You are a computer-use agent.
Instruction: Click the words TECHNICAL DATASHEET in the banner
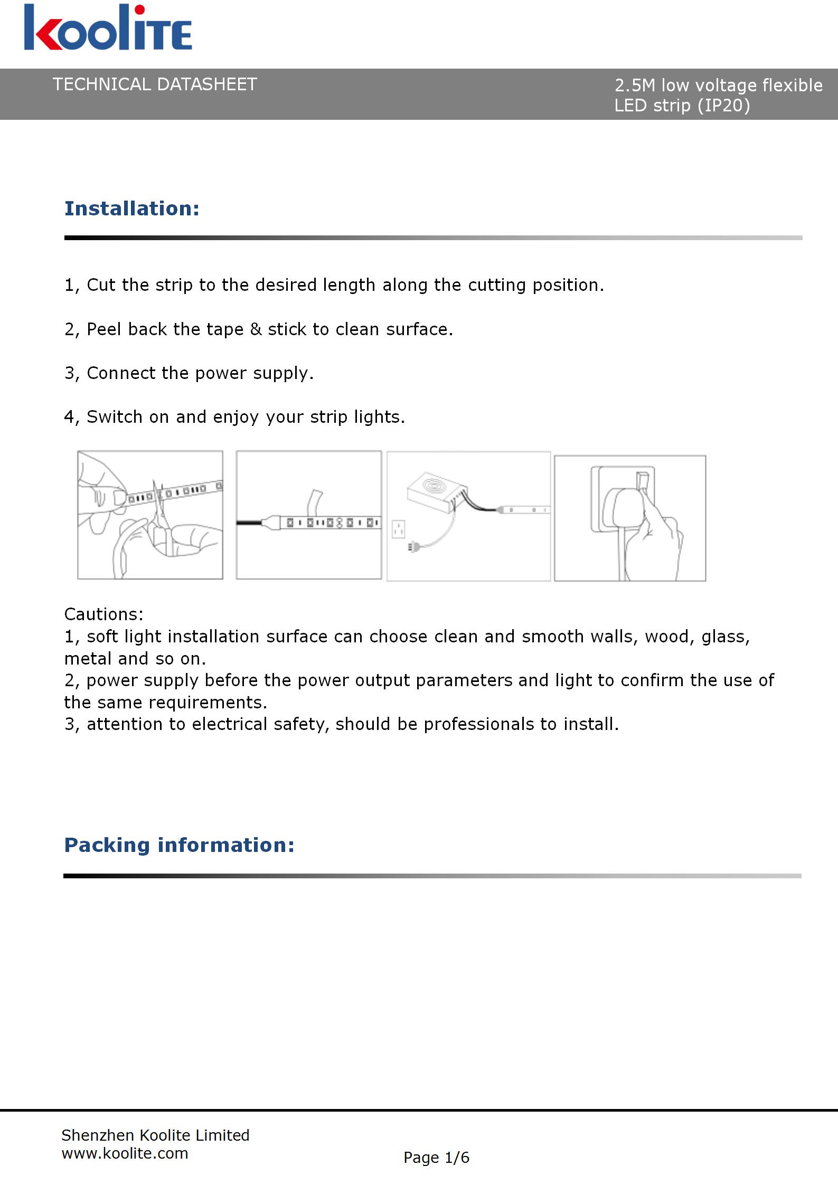coord(155,84)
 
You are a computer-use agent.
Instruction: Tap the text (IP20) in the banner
coord(723,106)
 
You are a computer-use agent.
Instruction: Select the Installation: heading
coord(132,208)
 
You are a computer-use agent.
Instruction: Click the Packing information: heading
coord(179,845)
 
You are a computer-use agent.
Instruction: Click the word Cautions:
coord(103,614)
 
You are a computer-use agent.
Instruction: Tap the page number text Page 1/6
coord(436,1158)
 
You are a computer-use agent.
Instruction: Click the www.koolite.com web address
coord(125,1153)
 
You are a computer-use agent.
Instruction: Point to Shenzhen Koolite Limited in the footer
coord(155,1135)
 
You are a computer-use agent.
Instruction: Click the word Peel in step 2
coord(104,329)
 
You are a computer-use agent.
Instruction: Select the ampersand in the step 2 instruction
coord(256,329)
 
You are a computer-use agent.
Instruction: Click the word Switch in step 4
coord(115,417)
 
